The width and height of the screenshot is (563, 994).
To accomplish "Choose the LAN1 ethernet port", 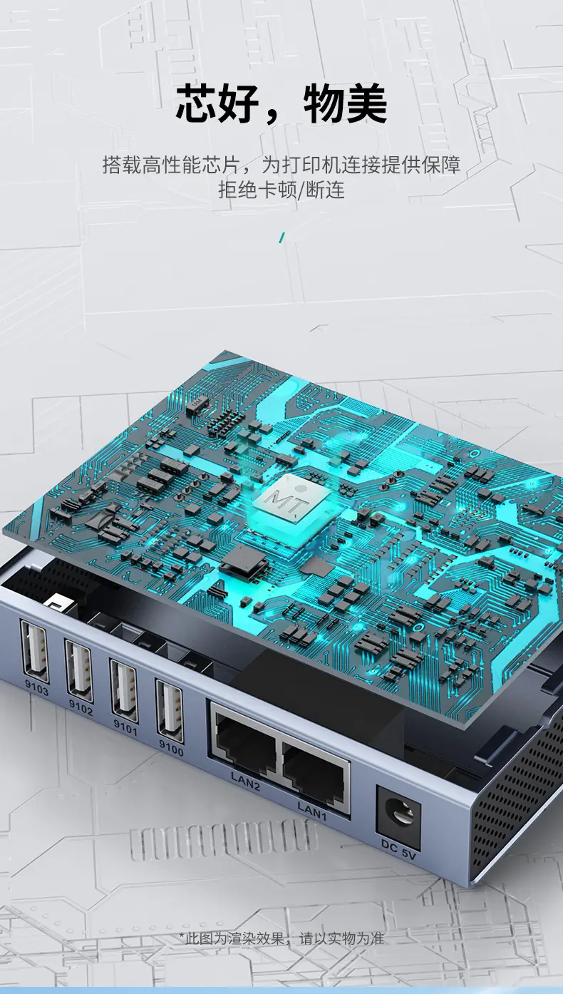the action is click(316, 767).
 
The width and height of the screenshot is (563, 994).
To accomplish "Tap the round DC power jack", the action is click(398, 811).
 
